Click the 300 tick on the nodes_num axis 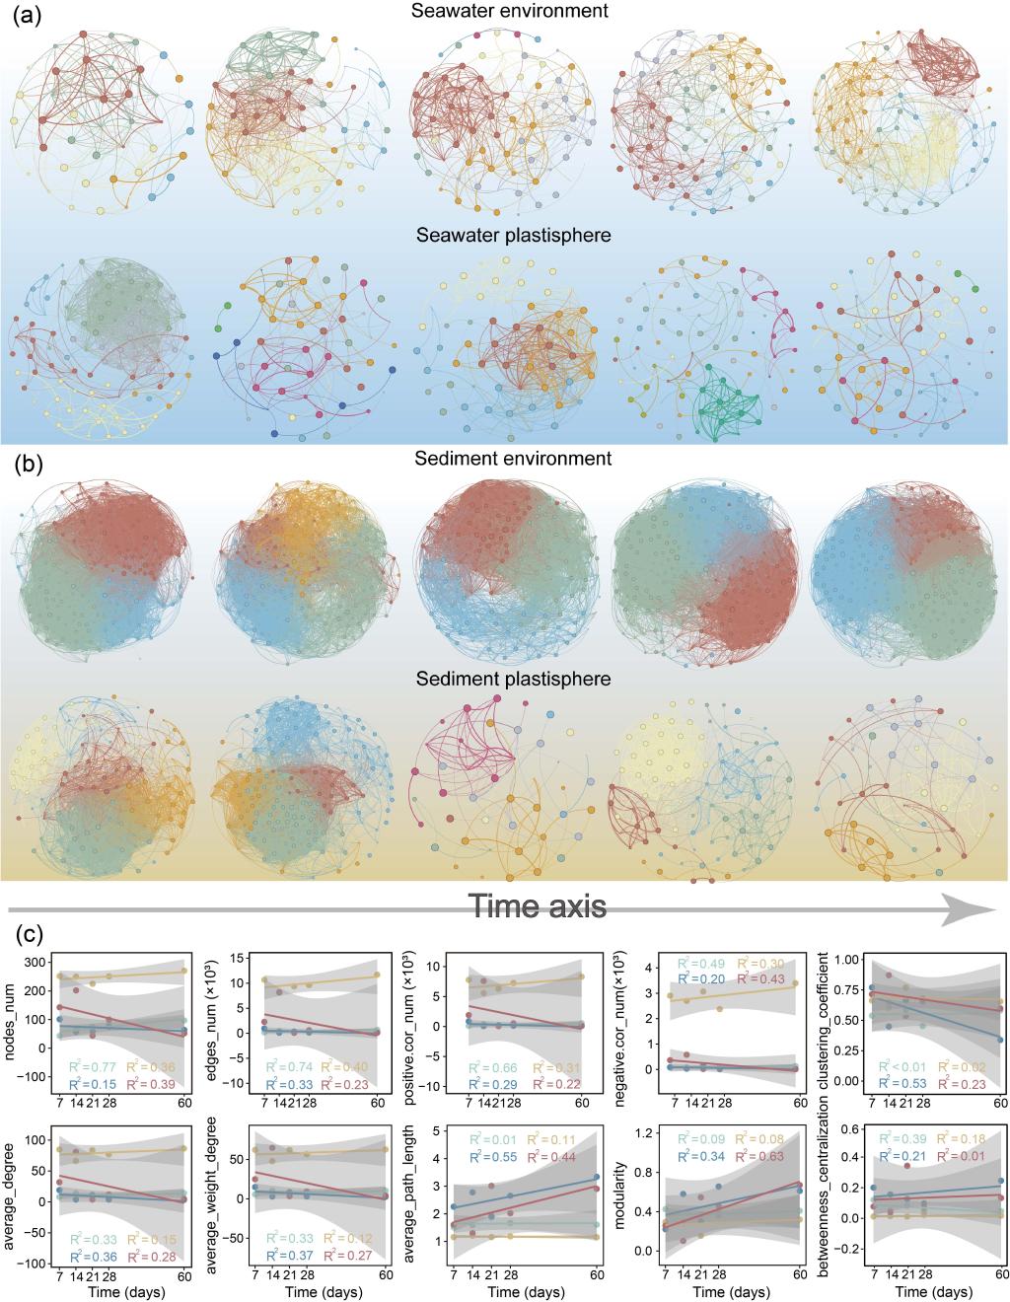[x=38, y=962]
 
